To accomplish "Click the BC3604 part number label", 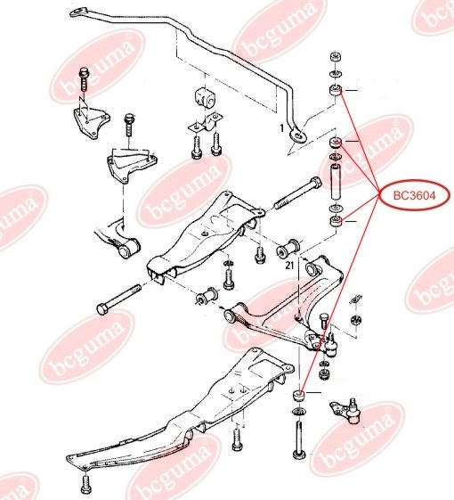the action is (414, 195).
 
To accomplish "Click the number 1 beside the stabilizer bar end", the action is (282, 128).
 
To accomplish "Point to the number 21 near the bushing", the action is (289, 265).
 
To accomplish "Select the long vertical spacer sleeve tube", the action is (336, 181).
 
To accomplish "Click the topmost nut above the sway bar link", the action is (336, 57).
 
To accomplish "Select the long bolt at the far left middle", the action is (118, 299).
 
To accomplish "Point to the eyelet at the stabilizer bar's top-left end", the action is (77, 13).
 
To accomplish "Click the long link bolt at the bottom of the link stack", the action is (299, 440).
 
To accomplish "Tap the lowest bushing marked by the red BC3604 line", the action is (299, 397).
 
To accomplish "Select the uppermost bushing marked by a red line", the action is (336, 91).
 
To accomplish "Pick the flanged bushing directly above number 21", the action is (288, 248).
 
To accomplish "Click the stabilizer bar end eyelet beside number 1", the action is (298, 135).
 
